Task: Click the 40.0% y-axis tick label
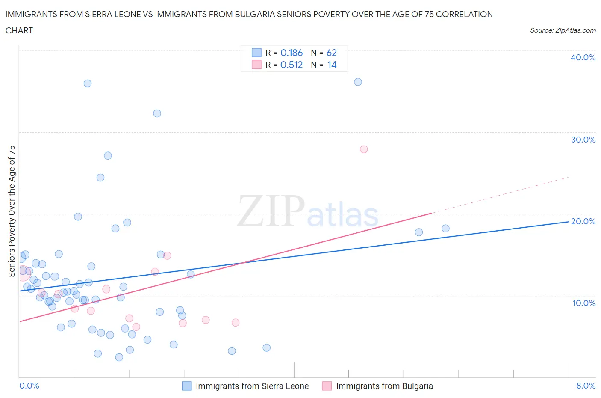tap(583, 57)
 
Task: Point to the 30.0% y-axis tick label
tap(583, 140)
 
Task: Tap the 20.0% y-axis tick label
tap(583, 221)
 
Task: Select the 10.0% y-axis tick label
tap(583, 303)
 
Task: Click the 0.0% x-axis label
tap(29, 386)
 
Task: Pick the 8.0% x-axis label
tap(586, 386)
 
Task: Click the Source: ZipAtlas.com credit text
tap(563, 30)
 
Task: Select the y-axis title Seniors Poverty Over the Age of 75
tap(12, 211)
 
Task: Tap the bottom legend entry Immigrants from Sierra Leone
tap(252, 386)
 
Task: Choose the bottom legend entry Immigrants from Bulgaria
tap(384, 386)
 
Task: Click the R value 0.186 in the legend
tap(292, 53)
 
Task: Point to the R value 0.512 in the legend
tap(292, 65)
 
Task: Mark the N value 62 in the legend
tap(332, 53)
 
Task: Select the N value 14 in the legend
tap(332, 65)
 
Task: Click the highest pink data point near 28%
tap(364, 149)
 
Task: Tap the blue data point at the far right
tap(445, 229)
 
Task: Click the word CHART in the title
tap(19, 30)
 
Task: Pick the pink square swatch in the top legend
tap(256, 65)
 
